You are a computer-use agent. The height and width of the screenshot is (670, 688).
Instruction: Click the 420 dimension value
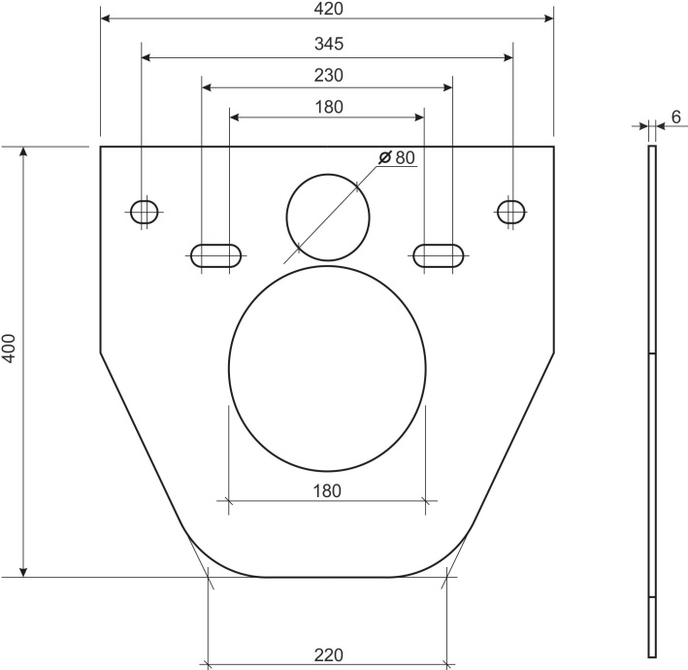(328, 9)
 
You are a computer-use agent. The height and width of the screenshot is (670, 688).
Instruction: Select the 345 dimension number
(329, 45)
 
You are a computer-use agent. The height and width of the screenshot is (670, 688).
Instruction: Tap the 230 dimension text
(329, 75)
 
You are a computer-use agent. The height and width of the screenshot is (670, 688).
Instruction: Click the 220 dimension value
(328, 655)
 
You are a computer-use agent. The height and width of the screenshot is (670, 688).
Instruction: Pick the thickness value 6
(675, 117)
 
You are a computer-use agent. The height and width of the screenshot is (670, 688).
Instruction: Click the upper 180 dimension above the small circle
(329, 107)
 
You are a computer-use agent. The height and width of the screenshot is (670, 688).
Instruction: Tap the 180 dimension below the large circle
(328, 490)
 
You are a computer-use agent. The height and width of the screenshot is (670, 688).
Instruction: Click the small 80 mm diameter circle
(328, 218)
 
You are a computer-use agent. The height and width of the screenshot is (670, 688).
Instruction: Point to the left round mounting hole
(145, 211)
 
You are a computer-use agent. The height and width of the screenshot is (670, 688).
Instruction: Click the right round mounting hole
(510, 211)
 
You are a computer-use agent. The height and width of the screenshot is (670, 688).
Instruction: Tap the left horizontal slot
(215, 255)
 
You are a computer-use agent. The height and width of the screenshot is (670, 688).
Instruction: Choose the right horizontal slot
(439, 255)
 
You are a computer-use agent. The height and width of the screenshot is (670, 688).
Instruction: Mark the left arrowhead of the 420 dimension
(106, 17)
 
